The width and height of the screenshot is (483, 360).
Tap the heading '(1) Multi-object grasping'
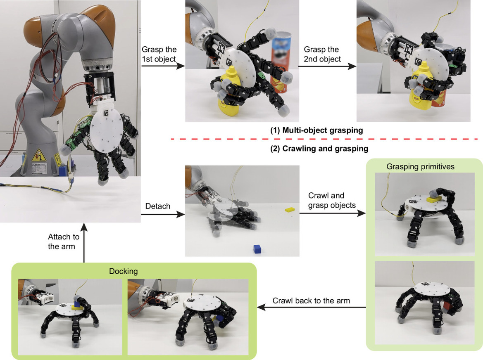click(x=316, y=130)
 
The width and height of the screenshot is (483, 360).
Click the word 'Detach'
click(x=158, y=206)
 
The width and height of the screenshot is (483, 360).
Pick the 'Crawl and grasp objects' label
click(x=326, y=199)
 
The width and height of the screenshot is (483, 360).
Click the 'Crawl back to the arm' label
click(x=311, y=300)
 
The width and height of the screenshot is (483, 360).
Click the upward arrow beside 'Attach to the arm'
click(x=84, y=244)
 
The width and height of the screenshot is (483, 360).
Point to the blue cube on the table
click(x=257, y=249)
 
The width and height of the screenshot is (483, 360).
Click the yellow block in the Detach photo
click(x=290, y=210)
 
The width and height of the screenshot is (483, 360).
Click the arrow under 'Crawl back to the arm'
click(x=311, y=307)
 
